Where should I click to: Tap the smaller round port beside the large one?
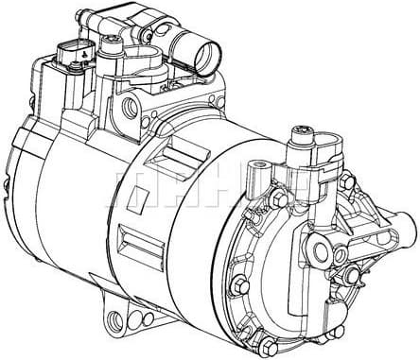point(338,255)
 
